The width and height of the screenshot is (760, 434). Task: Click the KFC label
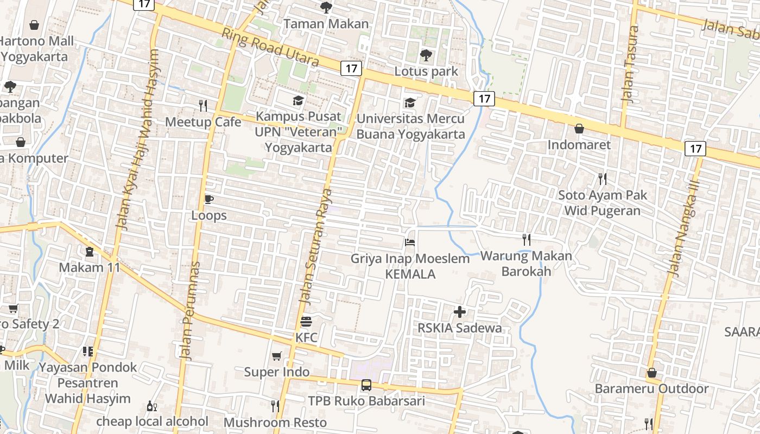(x=306, y=337)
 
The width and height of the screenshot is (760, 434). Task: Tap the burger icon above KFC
(x=306, y=321)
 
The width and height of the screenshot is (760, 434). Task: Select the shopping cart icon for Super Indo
(x=277, y=356)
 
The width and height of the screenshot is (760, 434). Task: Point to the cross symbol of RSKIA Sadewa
(x=460, y=312)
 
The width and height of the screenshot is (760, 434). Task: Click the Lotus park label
(x=426, y=71)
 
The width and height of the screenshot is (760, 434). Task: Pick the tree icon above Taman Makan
(x=326, y=8)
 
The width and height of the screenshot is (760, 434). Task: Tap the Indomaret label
(x=579, y=145)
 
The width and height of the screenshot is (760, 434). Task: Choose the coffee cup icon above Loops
(x=208, y=200)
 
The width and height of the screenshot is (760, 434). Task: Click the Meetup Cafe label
(x=203, y=122)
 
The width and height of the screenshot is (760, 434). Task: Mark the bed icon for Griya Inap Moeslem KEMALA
(x=410, y=242)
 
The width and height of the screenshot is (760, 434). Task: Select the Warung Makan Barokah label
(x=526, y=263)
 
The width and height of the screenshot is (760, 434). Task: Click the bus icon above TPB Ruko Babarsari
(x=366, y=385)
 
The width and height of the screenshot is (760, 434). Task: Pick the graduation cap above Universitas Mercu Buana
(x=410, y=103)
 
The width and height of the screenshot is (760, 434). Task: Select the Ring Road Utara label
(x=270, y=47)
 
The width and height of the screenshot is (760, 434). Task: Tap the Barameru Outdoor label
(x=651, y=388)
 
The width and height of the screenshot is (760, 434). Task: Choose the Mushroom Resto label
(x=275, y=422)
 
